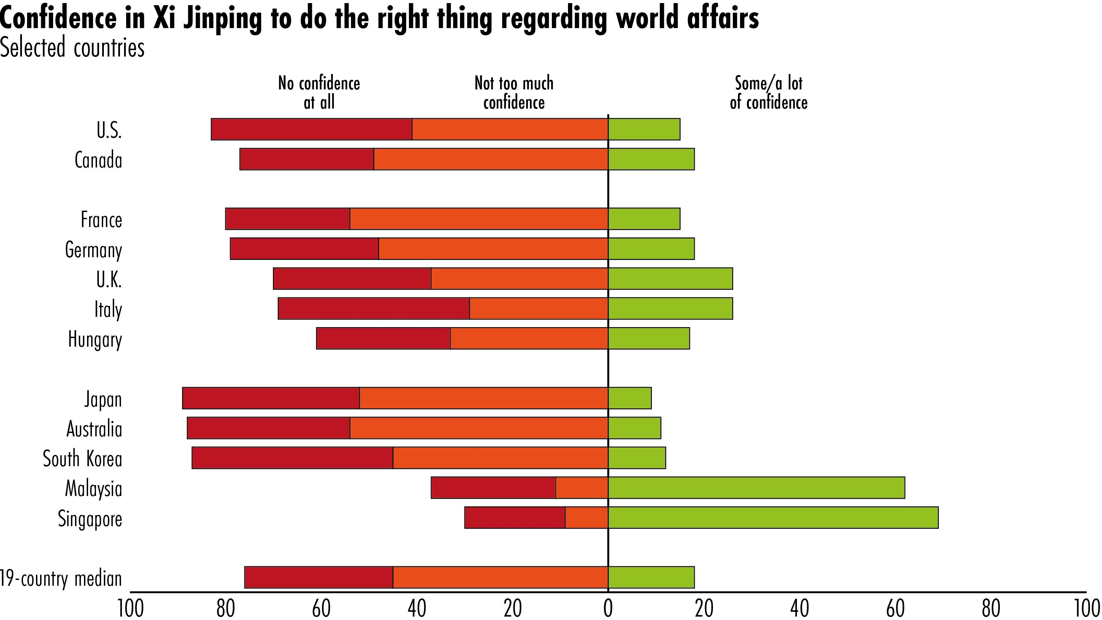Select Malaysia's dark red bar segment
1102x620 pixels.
pyautogui.click(x=493, y=487)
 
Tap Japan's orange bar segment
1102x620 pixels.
pyautogui.click(x=483, y=398)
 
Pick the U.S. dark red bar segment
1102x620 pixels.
pyautogui.click(x=312, y=129)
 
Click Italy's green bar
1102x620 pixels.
pyautogui.click(x=670, y=308)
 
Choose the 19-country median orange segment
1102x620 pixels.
pyautogui.click(x=500, y=577)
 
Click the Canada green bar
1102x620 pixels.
pyautogui.click(x=651, y=159)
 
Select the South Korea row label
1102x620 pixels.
pyautogui.click(x=83, y=458)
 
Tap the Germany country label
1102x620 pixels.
pyautogui.click(x=93, y=250)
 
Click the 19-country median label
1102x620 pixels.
pyautogui.click(x=61, y=579)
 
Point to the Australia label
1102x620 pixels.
pyautogui.click(x=94, y=429)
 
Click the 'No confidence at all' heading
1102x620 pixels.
pyautogui.click(x=319, y=92)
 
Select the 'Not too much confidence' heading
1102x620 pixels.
pyautogui.click(x=514, y=92)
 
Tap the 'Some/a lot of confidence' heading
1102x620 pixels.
pyautogui.click(x=768, y=92)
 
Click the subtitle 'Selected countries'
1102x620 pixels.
pyautogui.click(x=72, y=48)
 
